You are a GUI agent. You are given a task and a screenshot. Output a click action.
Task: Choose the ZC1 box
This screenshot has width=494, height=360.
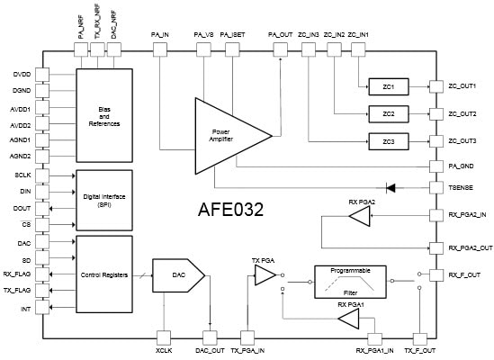388,86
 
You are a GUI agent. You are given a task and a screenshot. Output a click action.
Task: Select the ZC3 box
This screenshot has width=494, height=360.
388,142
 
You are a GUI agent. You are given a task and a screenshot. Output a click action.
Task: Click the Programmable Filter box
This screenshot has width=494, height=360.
349,280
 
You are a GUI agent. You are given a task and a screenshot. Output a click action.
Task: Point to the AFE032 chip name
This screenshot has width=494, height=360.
230,211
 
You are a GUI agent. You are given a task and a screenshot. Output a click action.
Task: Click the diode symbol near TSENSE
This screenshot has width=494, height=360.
391,187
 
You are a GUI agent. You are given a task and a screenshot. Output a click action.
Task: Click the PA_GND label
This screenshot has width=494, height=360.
462,166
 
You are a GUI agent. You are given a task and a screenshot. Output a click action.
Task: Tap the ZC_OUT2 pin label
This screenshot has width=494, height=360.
462,114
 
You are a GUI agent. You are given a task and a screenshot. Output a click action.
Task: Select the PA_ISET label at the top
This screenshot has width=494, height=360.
232,34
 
